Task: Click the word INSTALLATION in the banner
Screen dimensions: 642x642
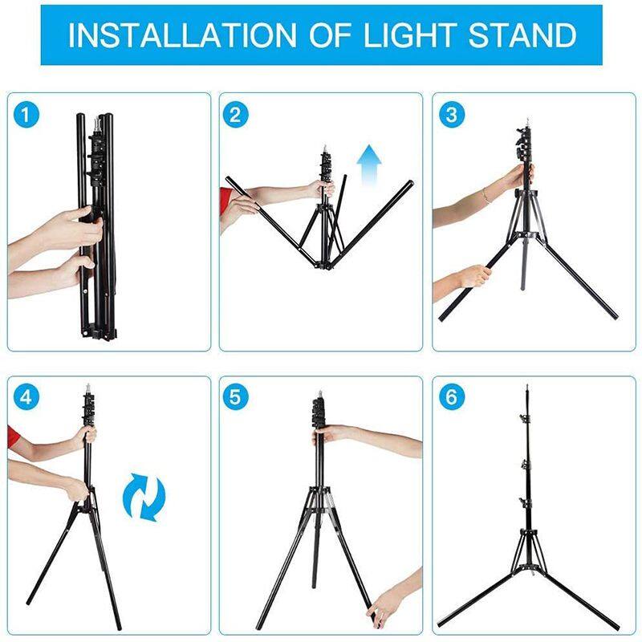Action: [x=182, y=35]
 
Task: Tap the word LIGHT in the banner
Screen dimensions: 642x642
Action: [x=410, y=35]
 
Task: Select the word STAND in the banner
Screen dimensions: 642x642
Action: [x=523, y=35]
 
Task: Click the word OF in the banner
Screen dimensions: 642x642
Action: [x=330, y=35]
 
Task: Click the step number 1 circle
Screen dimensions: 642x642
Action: [x=26, y=115]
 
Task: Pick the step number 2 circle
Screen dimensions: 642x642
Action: [x=235, y=115]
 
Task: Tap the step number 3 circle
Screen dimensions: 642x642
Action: [x=452, y=115]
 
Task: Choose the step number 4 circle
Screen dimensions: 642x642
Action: [x=26, y=397]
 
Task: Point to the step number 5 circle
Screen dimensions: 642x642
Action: [x=235, y=397]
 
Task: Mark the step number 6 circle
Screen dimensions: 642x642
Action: [x=452, y=397]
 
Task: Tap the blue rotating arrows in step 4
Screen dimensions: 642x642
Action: [x=144, y=497]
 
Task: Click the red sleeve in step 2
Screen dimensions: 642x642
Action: [x=226, y=200]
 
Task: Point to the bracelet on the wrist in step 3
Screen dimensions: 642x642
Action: [x=486, y=195]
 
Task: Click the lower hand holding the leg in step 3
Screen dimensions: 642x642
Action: [x=474, y=276]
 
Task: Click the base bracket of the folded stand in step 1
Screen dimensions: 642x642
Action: [x=99, y=331]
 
